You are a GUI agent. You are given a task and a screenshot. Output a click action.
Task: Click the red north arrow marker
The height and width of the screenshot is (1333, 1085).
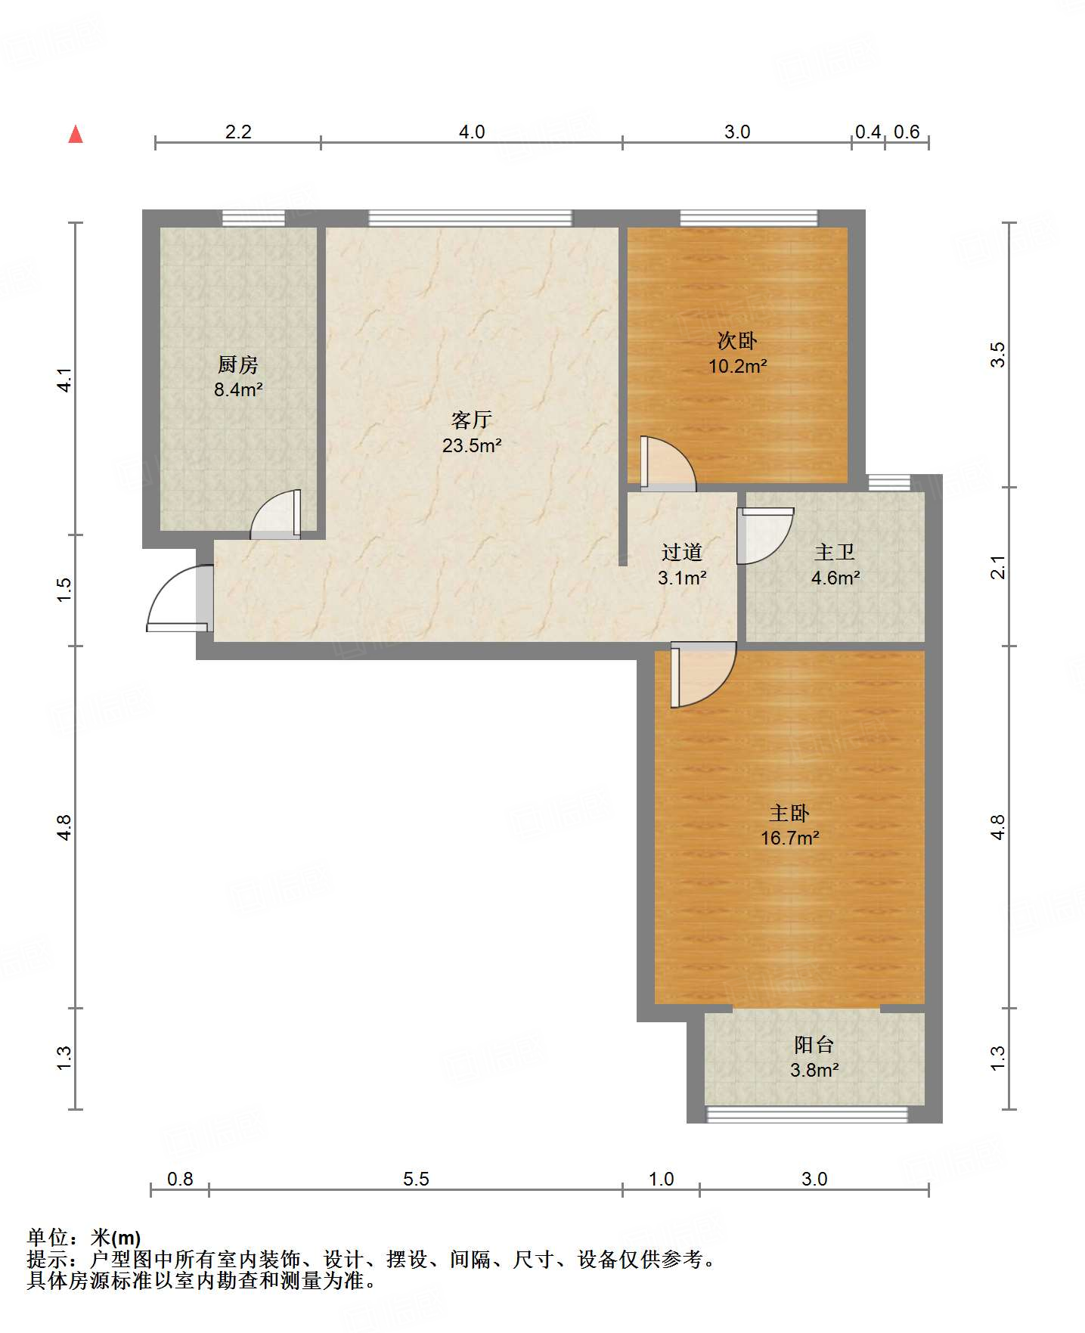tap(76, 134)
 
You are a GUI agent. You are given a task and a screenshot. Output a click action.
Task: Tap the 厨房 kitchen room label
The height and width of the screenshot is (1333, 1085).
tap(238, 364)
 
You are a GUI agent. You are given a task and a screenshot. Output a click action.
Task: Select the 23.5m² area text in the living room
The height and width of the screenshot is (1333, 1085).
tap(473, 445)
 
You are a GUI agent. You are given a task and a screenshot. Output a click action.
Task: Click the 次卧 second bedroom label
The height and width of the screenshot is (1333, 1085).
tap(737, 340)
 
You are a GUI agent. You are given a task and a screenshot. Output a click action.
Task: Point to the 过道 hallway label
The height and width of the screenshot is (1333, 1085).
tap(682, 553)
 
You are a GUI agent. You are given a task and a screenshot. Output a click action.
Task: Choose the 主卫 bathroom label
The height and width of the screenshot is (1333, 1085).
tap(835, 553)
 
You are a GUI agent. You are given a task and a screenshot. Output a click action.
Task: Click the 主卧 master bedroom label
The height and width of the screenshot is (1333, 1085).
tap(789, 813)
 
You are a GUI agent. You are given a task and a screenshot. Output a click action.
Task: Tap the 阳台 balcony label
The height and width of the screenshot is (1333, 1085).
tap(814, 1045)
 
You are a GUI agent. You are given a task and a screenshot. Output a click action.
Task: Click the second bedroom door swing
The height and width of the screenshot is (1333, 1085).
tap(668, 463)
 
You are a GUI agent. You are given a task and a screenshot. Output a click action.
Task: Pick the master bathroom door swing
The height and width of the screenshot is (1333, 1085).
tap(765, 536)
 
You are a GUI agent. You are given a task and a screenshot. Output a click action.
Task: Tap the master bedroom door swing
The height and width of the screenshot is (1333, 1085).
tap(703, 674)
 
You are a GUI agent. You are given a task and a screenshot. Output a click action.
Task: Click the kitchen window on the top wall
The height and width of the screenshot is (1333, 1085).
tap(254, 218)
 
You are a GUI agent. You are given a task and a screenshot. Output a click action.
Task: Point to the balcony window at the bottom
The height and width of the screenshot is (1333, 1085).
tap(807, 1114)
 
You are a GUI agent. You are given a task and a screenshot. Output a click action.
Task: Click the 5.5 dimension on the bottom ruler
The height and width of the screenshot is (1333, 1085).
tap(416, 1179)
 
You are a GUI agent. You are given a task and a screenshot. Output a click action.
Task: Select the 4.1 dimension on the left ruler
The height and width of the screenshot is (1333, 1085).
tap(65, 380)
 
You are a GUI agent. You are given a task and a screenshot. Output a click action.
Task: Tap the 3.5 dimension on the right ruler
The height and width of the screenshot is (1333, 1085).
tap(998, 355)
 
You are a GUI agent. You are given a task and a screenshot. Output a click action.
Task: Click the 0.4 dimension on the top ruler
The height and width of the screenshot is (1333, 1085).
tap(868, 132)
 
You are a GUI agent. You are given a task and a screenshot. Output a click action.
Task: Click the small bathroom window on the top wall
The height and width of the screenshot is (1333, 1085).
tap(889, 482)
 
